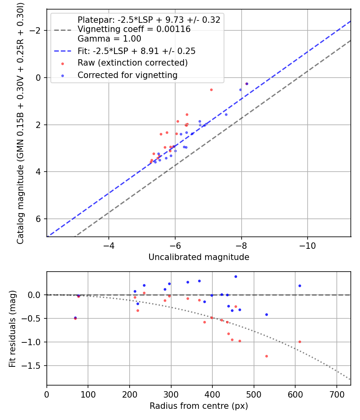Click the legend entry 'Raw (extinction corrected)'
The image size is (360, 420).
(x=132, y=63)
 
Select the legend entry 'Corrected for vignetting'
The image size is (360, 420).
(x=127, y=75)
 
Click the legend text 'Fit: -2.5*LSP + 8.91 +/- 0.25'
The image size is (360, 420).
(x=136, y=51)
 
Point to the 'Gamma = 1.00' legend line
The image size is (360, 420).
(x=109, y=39)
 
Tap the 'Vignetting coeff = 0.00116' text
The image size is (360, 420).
(x=134, y=29)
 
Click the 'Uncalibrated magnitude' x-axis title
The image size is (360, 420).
(x=199, y=257)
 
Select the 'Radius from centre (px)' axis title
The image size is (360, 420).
(x=199, y=406)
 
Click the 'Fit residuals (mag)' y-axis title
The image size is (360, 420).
(x=12, y=328)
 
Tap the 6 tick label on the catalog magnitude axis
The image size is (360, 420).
(x=39, y=219)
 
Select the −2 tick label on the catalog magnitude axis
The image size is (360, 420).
(x=36, y=30)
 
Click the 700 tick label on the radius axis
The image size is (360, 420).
(x=336, y=394)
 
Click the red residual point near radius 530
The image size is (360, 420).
(x=266, y=356)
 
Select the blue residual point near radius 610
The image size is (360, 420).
(x=300, y=286)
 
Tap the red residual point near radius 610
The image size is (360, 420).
(x=300, y=342)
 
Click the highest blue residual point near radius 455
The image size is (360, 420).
(x=236, y=276)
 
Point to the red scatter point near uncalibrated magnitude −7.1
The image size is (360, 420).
(x=211, y=90)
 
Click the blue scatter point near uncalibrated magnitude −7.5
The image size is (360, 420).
(x=226, y=114)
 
